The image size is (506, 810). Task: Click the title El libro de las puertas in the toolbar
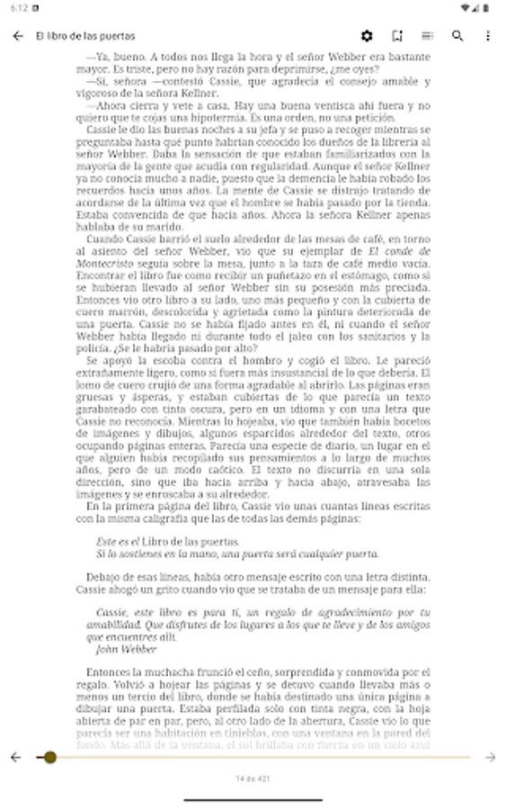tap(85, 36)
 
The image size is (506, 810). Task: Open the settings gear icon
tap(367, 36)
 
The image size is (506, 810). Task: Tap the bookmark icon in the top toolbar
tap(397, 36)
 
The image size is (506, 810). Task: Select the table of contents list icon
tap(427, 36)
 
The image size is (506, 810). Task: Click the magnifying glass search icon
tap(457, 36)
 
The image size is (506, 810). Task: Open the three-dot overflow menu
tap(488, 36)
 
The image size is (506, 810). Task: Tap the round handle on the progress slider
tap(50, 758)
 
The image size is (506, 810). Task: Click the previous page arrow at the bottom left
tap(15, 758)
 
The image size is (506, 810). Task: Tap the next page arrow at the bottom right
tap(490, 758)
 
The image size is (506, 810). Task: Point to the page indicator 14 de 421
tap(253, 778)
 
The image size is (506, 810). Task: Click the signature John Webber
tap(126, 649)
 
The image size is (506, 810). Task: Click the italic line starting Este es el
tap(168, 542)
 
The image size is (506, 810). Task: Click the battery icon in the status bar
tap(486, 8)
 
